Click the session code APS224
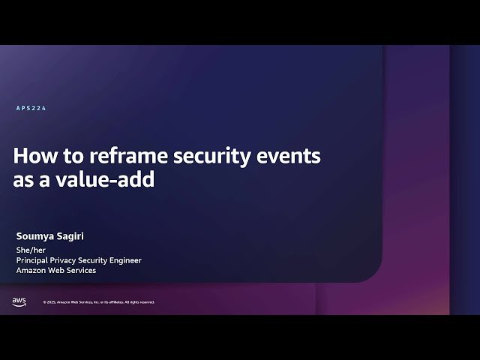pos(31,109)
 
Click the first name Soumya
pos(37,236)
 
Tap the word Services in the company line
pos(82,270)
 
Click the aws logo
pos(19,301)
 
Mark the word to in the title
pos(72,156)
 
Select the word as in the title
pos(24,180)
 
